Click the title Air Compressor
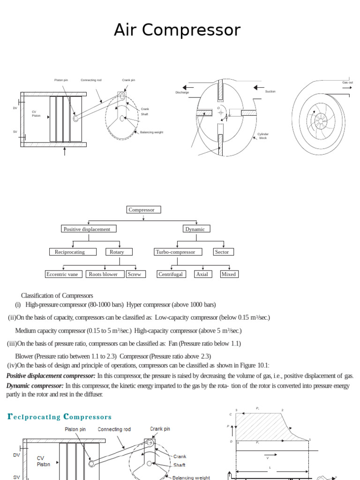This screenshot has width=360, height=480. pos(177,30)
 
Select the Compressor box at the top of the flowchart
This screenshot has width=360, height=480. pos(143,210)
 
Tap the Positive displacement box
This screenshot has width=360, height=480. pos(89,229)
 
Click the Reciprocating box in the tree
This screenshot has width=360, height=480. pos(72,252)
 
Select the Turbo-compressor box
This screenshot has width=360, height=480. pos(178,252)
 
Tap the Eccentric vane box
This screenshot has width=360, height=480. pos(64,274)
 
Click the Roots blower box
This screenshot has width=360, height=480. pos(105,274)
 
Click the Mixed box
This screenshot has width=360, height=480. pos(229,274)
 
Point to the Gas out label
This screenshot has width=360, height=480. pos(347,82)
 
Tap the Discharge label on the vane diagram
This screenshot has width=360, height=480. pos(182,92)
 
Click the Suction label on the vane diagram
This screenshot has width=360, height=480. pos(270,91)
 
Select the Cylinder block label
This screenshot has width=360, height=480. pos(263,136)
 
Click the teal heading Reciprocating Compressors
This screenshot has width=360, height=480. pos(60,416)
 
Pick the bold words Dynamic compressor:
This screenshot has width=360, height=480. pos(35,386)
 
